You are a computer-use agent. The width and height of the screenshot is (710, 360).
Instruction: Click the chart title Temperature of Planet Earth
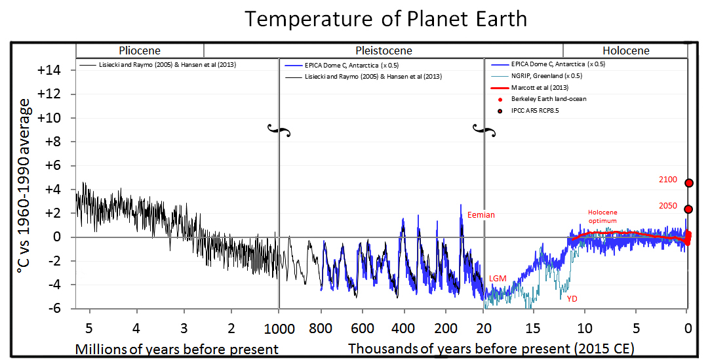[385, 19]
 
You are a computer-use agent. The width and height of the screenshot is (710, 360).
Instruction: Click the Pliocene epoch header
[139, 50]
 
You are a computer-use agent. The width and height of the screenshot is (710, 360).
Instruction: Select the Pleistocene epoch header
[384, 50]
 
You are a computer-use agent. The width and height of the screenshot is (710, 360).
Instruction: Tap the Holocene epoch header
[625, 50]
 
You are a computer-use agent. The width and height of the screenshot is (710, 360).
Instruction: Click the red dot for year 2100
[689, 184]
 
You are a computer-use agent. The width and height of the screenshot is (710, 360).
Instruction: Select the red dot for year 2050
[689, 209]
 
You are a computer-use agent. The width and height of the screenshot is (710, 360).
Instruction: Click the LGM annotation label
[498, 279]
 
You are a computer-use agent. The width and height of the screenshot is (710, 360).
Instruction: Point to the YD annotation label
[572, 298]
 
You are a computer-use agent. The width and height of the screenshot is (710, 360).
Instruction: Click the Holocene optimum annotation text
[602, 217]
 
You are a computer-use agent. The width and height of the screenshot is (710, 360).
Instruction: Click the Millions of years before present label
[176, 348]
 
